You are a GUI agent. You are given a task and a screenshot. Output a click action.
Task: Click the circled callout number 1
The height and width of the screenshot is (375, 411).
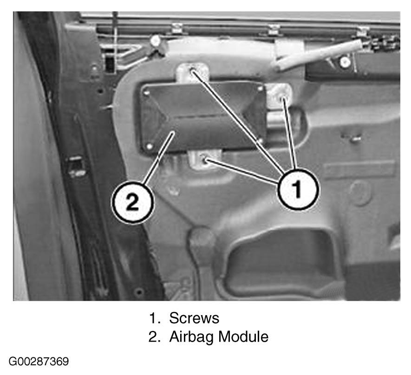[298, 189]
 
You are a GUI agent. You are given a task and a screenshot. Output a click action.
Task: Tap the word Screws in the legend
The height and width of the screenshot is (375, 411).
[194, 318]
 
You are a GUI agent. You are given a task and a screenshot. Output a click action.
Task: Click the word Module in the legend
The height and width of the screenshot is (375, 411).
[243, 336]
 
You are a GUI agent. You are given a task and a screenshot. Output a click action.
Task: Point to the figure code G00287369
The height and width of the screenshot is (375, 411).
[39, 362]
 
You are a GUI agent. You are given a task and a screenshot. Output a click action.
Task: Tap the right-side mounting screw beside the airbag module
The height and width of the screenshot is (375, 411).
[282, 99]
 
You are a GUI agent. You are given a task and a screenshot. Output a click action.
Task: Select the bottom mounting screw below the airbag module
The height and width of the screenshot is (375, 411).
[204, 158]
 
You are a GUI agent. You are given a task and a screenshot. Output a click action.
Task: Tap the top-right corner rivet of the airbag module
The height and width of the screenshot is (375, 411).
[260, 89]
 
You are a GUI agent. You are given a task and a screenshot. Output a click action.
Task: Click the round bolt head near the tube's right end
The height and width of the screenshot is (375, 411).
[345, 62]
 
